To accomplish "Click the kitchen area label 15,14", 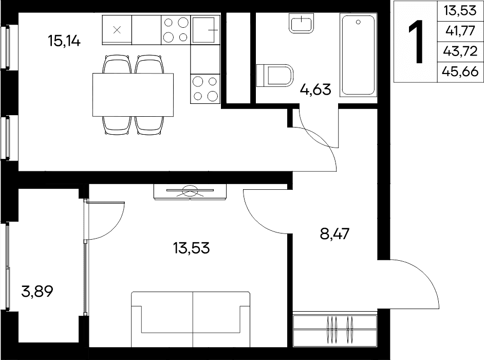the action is pyautogui.click(x=64, y=41).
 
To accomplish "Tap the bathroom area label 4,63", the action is pyautogui.click(x=316, y=89).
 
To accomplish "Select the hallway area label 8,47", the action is pyautogui.click(x=335, y=233).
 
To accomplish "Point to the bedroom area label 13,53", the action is pyautogui.click(x=191, y=248).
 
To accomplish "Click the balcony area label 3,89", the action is pyautogui.click(x=38, y=291).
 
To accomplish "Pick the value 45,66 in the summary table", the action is pyautogui.click(x=460, y=71).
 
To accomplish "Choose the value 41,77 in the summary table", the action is pyautogui.click(x=460, y=31).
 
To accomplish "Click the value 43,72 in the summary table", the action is pyautogui.click(x=460, y=51).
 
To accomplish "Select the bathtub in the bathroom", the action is pyautogui.click(x=358, y=55).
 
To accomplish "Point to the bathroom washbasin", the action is pyautogui.click(x=302, y=23).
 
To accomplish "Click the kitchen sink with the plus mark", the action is pyautogui.click(x=206, y=30).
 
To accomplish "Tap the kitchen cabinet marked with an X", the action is pyautogui.click(x=117, y=30).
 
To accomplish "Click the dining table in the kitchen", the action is pyautogui.click(x=133, y=95).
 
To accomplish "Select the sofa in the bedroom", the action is pyautogui.click(x=191, y=319).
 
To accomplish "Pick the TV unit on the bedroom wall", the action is pyautogui.click(x=190, y=192).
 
